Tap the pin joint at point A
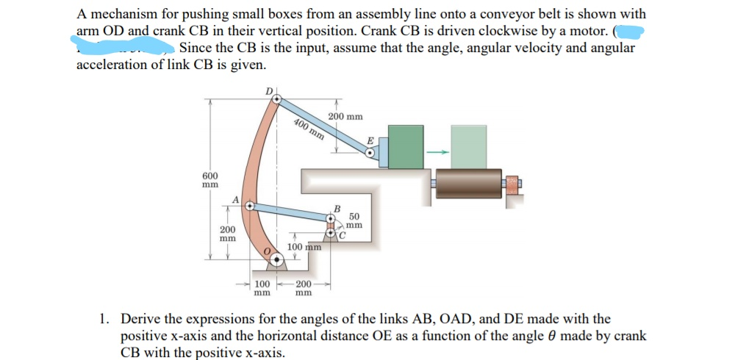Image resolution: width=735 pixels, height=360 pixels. tap(250, 207)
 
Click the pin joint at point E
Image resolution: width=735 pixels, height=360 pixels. tap(371, 153)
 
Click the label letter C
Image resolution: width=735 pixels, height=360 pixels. tap(343, 236)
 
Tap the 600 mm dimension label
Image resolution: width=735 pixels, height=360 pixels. tap(210, 181)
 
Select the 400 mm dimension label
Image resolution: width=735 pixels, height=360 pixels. tap(309, 129)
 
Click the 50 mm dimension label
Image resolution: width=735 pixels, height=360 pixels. tap(354, 220)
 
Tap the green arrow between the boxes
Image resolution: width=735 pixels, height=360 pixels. tap(438, 152)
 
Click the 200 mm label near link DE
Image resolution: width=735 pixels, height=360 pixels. tap(345, 117)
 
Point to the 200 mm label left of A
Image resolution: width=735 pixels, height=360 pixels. tap(227, 234)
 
